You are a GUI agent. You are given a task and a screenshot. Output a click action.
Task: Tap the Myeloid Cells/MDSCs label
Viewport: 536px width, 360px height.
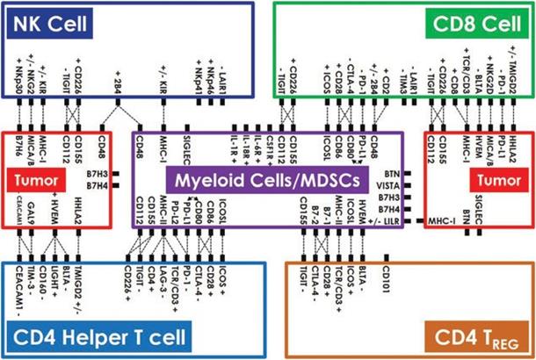coord(268,182)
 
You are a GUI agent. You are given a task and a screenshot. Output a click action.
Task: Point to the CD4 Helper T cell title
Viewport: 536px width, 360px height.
coord(99,334)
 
